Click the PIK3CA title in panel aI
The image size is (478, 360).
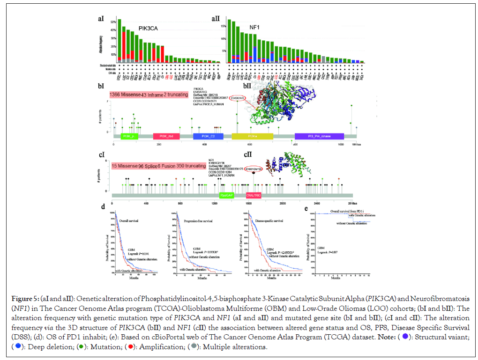pyautogui.click(x=148, y=29)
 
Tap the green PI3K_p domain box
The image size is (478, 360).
pyautogui.click(x=129, y=136)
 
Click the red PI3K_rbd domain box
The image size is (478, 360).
pyautogui.click(x=166, y=136)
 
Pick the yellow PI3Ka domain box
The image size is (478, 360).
pyautogui.click(x=252, y=136)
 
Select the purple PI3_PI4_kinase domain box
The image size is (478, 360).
pyautogui.click(x=319, y=136)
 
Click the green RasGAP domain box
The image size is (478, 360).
pyautogui.click(x=226, y=195)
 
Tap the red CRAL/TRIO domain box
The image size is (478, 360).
pyautogui.click(x=254, y=195)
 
